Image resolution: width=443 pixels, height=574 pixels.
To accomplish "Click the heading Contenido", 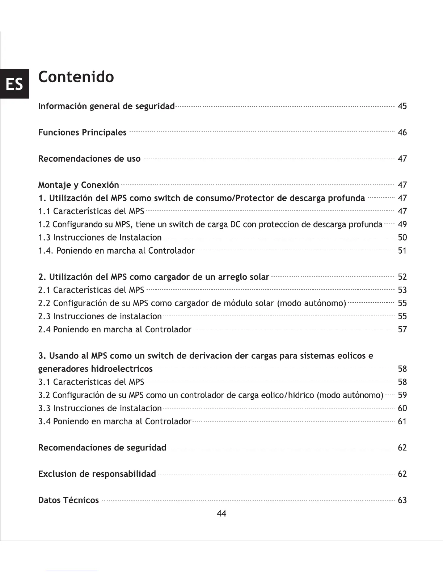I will tap(76, 77).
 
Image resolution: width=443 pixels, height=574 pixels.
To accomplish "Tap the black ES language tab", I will tap(14, 84).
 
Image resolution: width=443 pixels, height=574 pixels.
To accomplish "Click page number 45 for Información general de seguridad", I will tap(402, 106).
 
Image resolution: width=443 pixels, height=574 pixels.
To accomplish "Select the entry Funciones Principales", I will tap(82, 133).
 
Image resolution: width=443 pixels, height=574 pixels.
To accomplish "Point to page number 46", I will tap(402, 133).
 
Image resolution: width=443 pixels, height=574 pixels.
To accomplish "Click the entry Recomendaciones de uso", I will tap(89, 159).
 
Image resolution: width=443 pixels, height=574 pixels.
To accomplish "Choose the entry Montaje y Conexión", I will tap(79, 185).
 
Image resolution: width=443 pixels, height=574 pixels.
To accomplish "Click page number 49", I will tap(402, 224).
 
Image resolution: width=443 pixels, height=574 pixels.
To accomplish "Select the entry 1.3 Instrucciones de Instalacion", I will tap(100, 238).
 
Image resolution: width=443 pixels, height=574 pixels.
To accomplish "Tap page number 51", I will tap(402, 251).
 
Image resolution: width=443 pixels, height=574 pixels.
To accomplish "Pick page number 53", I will tap(402, 290).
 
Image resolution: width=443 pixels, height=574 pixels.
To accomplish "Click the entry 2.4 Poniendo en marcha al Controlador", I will tap(115, 330).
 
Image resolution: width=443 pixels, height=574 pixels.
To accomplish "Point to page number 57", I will tap(402, 330).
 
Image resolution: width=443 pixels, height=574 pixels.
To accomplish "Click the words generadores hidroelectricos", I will tap(95, 369).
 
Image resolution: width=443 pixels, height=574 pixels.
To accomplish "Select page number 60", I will tap(402, 408).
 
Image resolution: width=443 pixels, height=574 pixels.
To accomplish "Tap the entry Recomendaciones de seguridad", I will tap(102, 448).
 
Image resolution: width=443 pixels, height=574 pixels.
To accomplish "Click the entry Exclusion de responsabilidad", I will tap(97, 474).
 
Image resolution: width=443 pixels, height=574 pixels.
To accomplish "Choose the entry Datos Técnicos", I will tap(68, 500).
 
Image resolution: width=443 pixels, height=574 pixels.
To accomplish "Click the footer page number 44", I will tap(221, 513).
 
